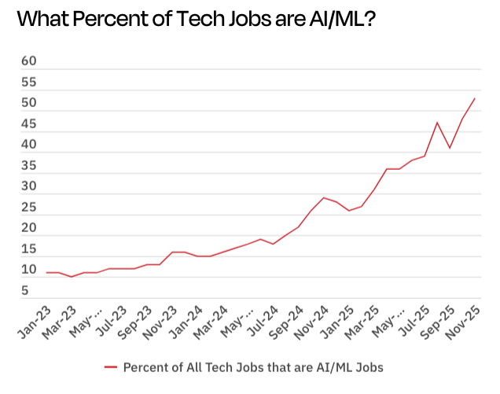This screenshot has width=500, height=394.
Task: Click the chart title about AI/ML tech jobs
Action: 195,20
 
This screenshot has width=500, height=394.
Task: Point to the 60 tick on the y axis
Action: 29,61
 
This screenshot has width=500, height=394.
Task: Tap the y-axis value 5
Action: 25,291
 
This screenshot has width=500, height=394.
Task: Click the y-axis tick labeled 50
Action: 29,103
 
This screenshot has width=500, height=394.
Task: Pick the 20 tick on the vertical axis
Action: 29,228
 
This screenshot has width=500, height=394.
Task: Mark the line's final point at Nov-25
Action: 475,98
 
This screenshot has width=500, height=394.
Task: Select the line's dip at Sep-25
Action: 450,148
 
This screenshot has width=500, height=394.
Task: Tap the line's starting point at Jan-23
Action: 47,273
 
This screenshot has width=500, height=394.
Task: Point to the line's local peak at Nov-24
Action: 324,197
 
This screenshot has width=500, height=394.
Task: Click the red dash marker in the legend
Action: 110,366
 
